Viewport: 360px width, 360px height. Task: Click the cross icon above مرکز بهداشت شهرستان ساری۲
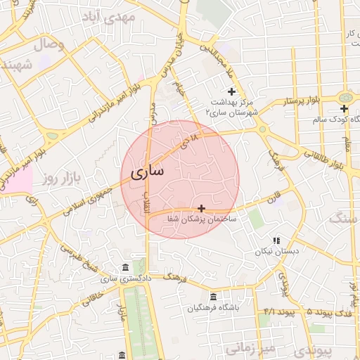[x=232, y=91]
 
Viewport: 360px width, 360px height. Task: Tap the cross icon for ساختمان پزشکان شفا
[x=202, y=208]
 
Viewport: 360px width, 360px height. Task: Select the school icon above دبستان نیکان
[x=276, y=240]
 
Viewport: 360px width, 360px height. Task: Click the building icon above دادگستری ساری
[x=125, y=268]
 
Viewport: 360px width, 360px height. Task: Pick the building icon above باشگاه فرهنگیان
[x=213, y=297]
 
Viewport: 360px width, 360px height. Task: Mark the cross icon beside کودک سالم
[x=344, y=108]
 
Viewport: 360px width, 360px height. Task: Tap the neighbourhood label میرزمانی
[x=249, y=347]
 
